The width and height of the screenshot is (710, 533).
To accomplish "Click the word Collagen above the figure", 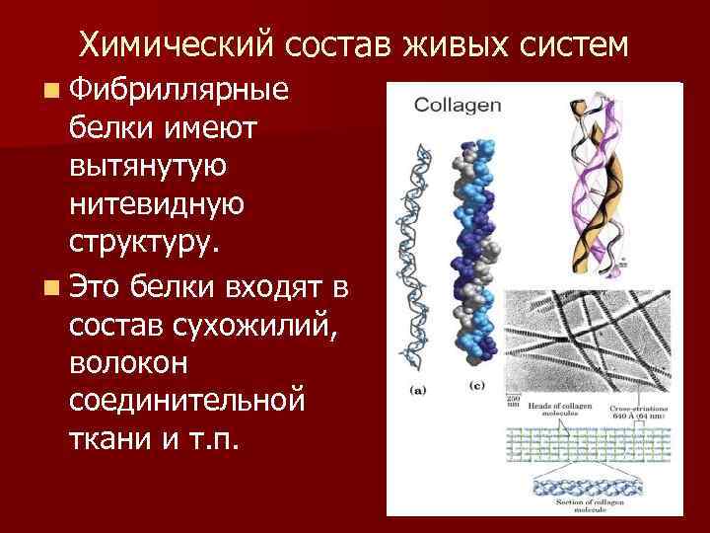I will (x=459, y=105).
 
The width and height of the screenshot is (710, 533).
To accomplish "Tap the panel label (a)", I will (x=418, y=390).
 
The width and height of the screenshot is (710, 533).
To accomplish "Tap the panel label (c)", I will (x=477, y=384).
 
